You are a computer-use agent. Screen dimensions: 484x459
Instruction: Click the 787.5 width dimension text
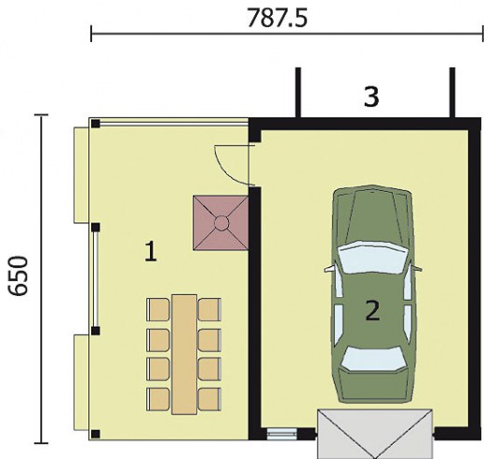(277, 18)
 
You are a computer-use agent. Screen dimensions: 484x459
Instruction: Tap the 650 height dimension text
(19, 277)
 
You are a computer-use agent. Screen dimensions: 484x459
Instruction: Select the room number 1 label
(151, 251)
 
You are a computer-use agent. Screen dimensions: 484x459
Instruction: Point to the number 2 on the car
(372, 311)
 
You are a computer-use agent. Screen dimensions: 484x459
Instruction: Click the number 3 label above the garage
(371, 97)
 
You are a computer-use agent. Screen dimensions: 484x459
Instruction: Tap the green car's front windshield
(372, 258)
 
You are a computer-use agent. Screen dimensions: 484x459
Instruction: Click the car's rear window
(373, 358)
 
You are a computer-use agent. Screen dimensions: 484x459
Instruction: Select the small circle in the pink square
(222, 223)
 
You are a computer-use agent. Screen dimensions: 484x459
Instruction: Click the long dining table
(184, 355)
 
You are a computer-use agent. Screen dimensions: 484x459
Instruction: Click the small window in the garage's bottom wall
(282, 434)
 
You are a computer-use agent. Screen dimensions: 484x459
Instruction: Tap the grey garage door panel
(374, 434)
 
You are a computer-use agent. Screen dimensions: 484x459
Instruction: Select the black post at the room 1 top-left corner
(96, 124)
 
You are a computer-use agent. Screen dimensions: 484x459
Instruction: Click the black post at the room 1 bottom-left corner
(96, 434)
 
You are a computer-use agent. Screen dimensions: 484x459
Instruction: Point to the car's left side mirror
(329, 269)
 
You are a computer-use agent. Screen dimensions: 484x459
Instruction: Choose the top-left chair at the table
(158, 309)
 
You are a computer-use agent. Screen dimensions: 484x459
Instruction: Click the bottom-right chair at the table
(209, 399)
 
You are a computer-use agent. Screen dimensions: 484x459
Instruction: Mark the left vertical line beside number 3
(298, 92)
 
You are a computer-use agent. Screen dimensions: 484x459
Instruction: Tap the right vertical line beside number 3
(452, 92)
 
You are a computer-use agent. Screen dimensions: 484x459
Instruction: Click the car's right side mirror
(417, 268)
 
